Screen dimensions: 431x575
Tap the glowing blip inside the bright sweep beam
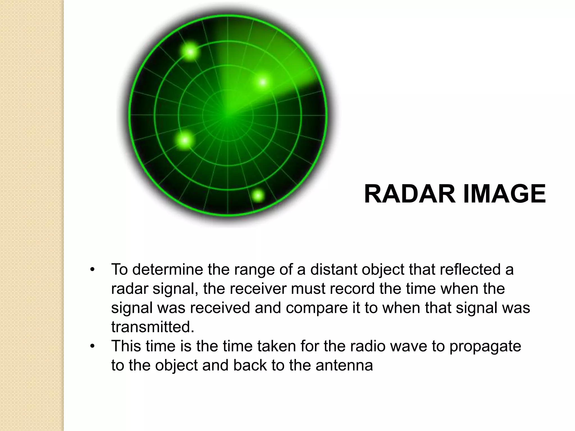[x=263, y=82]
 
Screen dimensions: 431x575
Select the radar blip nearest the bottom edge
[x=258, y=195]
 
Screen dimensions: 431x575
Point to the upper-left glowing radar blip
[x=191, y=52]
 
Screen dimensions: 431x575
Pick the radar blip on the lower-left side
[x=185, y=140]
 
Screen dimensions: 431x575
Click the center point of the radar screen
[x=228, y=115]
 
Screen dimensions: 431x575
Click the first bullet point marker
[x=92, y=270]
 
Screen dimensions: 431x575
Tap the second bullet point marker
[x=92, y=347]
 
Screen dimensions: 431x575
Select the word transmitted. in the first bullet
[x=153, y=327]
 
